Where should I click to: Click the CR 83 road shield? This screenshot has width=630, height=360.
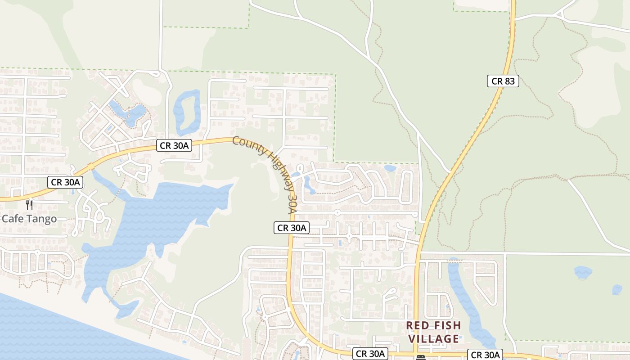pos(503,81)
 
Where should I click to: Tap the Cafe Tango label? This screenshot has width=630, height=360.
pos(29,219)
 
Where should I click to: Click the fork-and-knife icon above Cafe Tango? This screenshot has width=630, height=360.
pos(29,205)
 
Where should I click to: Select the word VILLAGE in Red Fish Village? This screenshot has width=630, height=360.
pos(434,339)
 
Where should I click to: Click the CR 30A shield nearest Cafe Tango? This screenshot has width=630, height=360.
pos(66,182)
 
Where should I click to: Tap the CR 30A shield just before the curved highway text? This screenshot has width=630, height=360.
pos(175,145)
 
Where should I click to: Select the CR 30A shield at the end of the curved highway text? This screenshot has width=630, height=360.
pos(292,228)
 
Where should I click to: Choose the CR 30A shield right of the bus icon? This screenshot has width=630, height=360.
pos(485,355)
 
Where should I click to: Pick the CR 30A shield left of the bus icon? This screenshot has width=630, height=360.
pos(370,354)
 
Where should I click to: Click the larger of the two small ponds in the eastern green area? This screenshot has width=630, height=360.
pos(583,272)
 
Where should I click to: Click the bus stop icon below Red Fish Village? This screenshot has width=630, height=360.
pos(421,358)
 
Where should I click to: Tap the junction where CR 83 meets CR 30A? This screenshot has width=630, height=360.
pos(415,354)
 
